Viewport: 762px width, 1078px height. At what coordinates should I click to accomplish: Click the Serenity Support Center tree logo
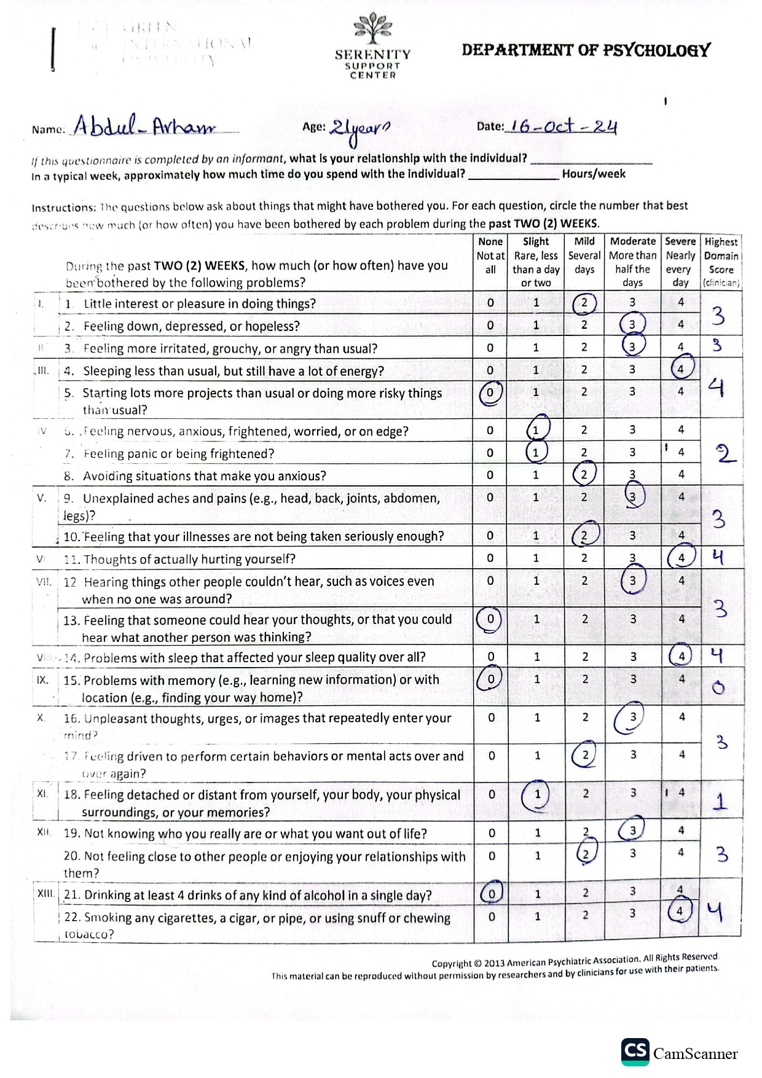click(372, 29)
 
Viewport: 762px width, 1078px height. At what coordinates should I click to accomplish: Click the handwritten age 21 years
click(359, 129)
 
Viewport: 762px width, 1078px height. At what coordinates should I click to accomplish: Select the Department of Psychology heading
click(586, 50)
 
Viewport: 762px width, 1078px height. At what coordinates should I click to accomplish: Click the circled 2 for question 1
click(584, 303)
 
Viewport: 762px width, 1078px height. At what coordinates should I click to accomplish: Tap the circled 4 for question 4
click(681, 369)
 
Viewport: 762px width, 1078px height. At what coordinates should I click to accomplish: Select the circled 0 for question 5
click(490, 393)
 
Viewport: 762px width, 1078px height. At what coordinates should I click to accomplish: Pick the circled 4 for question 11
click(681, 558)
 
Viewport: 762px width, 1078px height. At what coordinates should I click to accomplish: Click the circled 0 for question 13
click(490, 619)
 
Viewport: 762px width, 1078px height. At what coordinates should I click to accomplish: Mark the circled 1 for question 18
click(536, 794)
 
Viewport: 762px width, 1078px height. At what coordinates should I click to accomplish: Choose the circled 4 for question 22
click(680, 912)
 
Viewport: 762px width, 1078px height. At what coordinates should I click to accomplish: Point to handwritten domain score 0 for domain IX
click(718, 688)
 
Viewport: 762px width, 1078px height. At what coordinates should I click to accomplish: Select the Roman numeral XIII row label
click(45, 894)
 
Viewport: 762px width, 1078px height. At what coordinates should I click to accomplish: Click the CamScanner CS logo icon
click(635, 1051)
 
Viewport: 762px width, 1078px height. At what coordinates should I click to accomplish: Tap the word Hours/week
click(593, 174)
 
